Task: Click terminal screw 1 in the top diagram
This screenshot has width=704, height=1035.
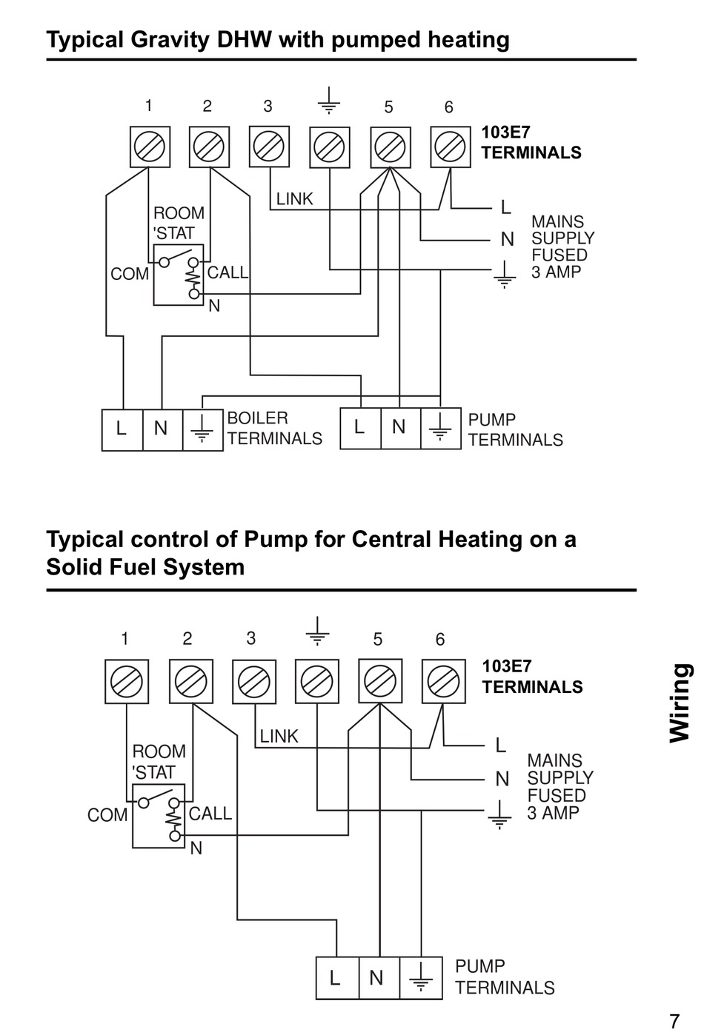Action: [150, 147]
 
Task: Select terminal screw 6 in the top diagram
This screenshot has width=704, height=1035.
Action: [451, 147]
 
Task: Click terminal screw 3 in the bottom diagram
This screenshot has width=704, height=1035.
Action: [254, 681]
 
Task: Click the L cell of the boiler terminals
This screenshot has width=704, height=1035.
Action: [122, 429]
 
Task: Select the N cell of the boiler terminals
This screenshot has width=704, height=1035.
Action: [161, 429]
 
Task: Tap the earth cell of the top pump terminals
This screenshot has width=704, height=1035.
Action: [440, 429]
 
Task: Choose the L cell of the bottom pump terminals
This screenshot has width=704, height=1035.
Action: [336, 978]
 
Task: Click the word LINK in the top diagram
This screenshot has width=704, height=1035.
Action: [295, 199]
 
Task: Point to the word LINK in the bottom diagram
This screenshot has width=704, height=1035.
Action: [279, 737]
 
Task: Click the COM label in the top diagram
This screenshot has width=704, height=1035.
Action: [130, 275]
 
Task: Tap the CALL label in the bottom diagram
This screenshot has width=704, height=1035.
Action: [210, 814]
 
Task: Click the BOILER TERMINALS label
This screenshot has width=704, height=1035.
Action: [274, 429]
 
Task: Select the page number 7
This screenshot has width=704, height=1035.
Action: [674, 1021]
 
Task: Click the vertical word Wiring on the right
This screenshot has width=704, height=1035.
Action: [680, 703]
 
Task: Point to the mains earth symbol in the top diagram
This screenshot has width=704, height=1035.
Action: [505, 275]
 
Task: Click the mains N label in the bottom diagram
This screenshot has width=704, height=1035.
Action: [502, 779]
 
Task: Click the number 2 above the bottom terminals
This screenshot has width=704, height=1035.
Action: [187, 638]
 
